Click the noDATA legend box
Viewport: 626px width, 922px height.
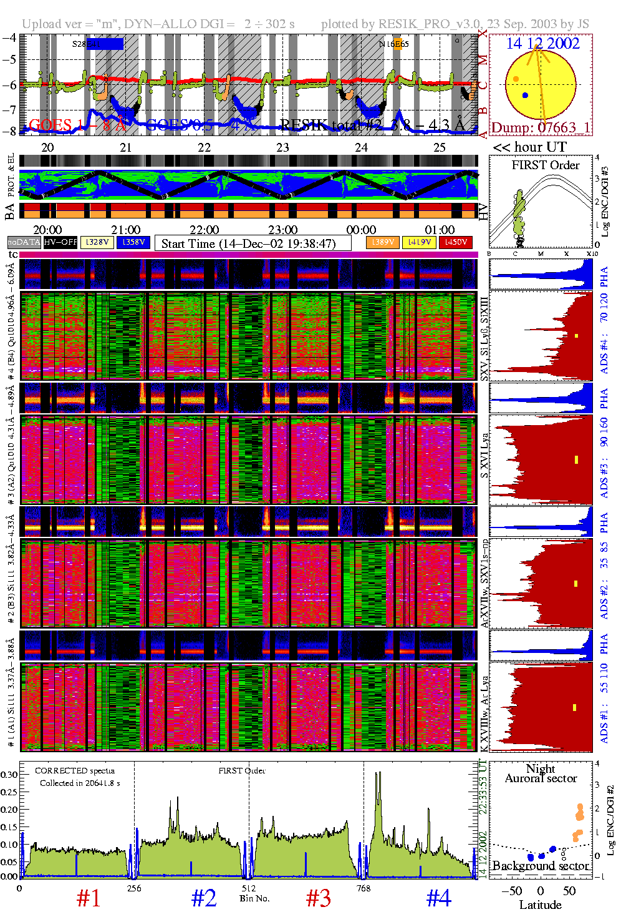pos(24,242)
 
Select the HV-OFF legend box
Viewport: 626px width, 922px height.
pos(60,242)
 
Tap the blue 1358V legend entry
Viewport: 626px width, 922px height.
pos(133,242)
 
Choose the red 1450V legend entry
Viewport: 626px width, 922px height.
pos(456,242)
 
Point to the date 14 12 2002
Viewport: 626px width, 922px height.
pos(542,44)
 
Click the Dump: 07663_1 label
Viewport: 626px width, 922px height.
pos(540,128)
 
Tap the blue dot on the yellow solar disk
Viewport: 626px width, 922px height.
pos(525,96)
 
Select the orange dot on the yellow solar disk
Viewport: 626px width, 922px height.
pos(516,79)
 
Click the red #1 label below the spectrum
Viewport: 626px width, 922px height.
pos(89,898)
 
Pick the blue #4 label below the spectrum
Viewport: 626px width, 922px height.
pos(439,898)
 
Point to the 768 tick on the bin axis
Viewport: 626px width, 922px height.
pos(364,888)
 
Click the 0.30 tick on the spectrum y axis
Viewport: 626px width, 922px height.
pos(9,775)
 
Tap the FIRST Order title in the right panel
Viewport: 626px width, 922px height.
pos(546,165)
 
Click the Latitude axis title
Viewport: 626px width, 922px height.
pos(540,905)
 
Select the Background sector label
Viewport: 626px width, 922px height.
pos(540,866)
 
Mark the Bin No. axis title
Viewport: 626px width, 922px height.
pos(254,898)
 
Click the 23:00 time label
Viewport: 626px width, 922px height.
pos(282,230)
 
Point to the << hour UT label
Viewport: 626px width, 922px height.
pos(530,147)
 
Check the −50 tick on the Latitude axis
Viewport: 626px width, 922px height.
pos(512,891)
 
